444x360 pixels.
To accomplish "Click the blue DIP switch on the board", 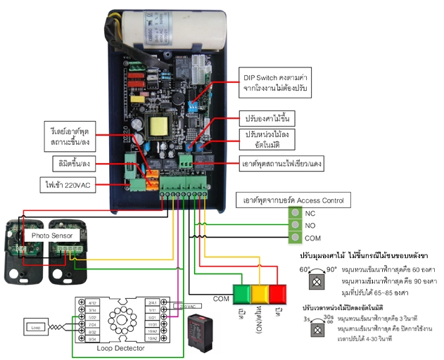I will pos(194,103).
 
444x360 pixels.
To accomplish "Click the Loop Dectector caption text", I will pos(115,347).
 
